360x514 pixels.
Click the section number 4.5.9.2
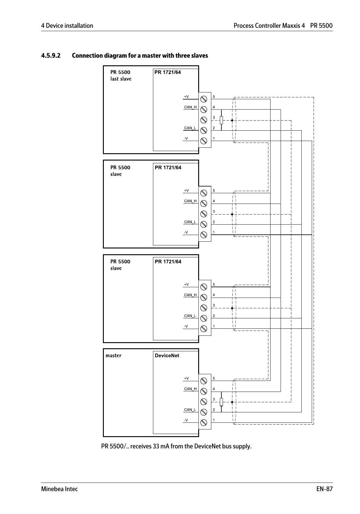coord(51,56)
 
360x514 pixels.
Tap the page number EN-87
coord(324,489)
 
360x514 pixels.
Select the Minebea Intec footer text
coord(60,489)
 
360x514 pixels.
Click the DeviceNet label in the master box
coord(167,356)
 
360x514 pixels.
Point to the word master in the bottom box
coord(113,356)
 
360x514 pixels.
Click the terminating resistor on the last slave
coord(221,120)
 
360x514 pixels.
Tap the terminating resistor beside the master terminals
coord(221,402)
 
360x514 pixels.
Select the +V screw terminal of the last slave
coord(204,99)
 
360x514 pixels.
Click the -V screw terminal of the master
coord(204,423)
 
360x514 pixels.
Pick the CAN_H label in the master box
coord(190,389)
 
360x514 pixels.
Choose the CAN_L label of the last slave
coord(190,128)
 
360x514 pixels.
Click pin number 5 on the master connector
coord(214,378)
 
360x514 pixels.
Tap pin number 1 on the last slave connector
coord(214,139)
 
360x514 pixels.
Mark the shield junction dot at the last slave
coord(232,120)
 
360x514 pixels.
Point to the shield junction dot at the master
coord(232,402)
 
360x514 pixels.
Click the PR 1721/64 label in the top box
coord(168,72)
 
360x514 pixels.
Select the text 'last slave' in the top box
coord(121,79)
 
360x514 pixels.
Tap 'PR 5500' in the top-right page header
coord(321,26)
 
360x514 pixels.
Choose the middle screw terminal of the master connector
coord(204,402)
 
